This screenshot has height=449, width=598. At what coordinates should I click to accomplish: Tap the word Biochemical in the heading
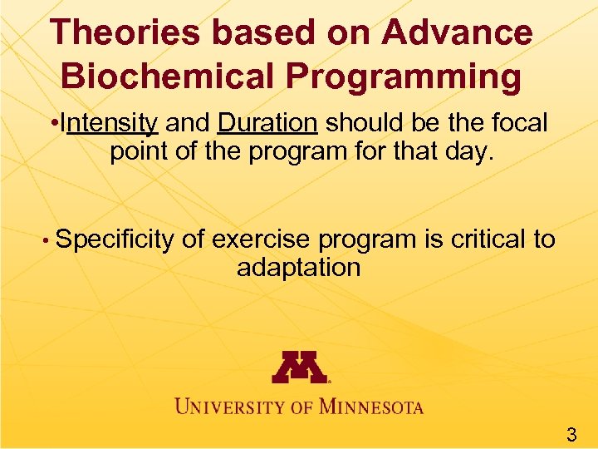[165, 76]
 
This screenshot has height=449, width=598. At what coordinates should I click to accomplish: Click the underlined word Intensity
[110, 124]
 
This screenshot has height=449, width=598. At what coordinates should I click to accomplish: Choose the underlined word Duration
[267, 124]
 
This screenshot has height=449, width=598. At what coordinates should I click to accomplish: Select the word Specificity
[115, 240]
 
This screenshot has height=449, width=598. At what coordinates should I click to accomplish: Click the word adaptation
[299, 268]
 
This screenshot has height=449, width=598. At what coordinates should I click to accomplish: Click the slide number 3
[571, 432]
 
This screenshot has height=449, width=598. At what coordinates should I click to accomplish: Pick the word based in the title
[247, 33]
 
